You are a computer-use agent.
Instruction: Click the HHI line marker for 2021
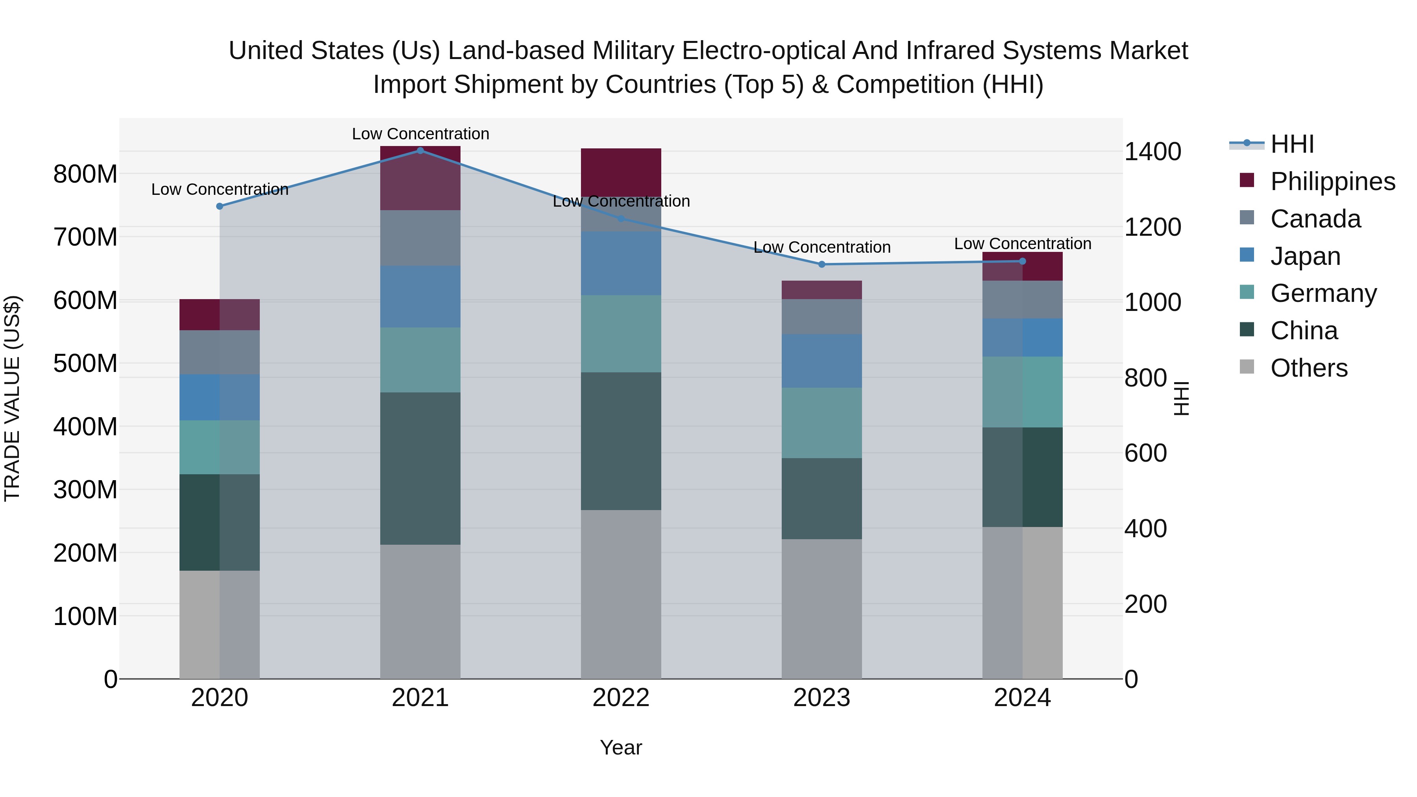(420, 150)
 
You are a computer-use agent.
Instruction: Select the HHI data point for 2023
(822, 264)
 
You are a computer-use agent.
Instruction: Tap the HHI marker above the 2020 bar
(220, 206)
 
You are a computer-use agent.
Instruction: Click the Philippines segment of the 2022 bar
(621, 172)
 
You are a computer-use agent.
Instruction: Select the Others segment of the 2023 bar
(822, 608)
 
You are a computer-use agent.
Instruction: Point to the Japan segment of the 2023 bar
(822, 361)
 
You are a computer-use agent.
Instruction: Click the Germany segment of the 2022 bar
(621, 333)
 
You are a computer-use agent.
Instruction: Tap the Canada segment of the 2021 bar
(420, 238)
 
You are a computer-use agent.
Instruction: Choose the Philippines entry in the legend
(1332, 181)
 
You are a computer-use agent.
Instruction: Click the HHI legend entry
(1291, 144)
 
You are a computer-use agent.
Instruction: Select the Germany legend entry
(1323, 293)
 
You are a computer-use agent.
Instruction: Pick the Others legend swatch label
(1309, 368)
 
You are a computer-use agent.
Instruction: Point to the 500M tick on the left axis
(85, 364)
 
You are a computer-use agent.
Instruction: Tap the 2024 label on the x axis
(1022, 698)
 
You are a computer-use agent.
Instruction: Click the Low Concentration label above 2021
(420, 134)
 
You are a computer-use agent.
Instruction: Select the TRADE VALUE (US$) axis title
(12, 398)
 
